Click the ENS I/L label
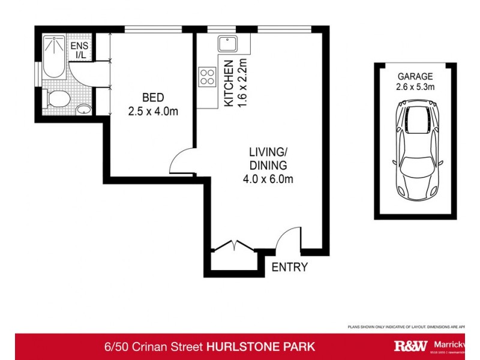(x=79, y=50)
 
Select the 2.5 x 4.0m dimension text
(x=153, y=111)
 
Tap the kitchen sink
(x=229, y=43)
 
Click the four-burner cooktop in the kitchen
(x=208, y=77)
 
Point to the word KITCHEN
(x=229, y=83)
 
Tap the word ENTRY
(x=290, y=267)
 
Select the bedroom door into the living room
(x=181, y=161)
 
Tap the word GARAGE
(x=415, y=76)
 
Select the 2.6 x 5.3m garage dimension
(x=415, y=87)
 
